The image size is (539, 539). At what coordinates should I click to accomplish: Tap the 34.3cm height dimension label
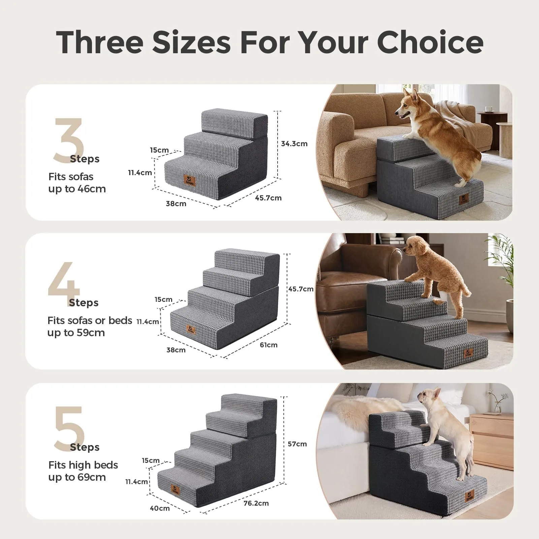pos(294,144)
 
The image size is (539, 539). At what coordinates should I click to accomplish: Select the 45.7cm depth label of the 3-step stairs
pos(268,198)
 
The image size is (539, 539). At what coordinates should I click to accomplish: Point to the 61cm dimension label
pos(268,345)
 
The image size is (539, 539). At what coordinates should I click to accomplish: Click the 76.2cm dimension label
pos(256,503)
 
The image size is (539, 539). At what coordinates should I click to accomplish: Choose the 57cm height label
pos(297,444)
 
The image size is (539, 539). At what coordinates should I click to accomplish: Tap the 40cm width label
pos(160,508)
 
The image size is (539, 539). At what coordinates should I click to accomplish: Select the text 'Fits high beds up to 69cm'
pos(83,471)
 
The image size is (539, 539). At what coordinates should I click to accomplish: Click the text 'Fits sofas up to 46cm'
pos(77,183)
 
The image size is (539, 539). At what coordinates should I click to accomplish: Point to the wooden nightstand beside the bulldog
pos(492,441)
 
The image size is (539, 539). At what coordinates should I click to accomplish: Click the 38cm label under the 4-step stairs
pos(176,350)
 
